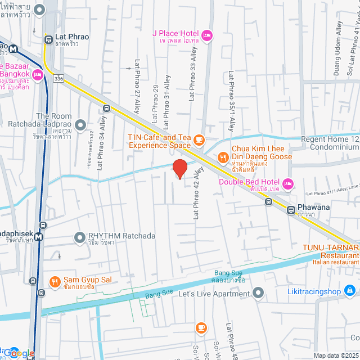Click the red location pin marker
tap(179, 169)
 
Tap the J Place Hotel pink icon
tap(207, 35)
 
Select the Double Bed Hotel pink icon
tap(289, 183)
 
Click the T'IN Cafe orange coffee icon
tap(199, 139)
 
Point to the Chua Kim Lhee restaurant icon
tap(223, 157)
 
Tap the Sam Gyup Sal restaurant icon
tap(55, 281)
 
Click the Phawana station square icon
tap(291, 210)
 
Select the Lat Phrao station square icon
tap(48, 39)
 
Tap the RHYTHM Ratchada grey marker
tap(80, 237)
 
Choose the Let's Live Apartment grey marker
tap(258, 292)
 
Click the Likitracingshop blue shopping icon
tap(350, 290)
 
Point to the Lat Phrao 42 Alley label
tap(197, 194)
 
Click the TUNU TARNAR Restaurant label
tap(330, 248)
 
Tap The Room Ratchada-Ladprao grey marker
tap(80, 125)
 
